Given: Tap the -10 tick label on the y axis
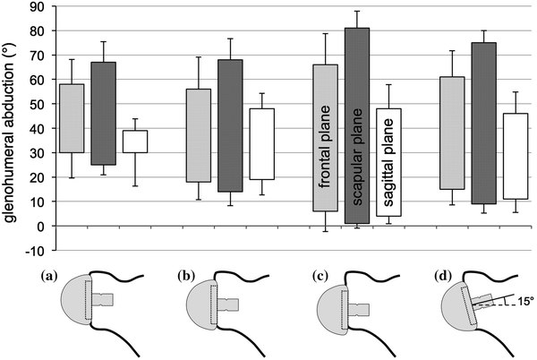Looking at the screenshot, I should tap(34, 251).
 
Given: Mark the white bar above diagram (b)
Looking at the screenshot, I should tap(262, 144).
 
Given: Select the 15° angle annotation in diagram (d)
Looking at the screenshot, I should tap(519, 302).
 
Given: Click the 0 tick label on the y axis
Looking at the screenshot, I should tap(39, 227).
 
